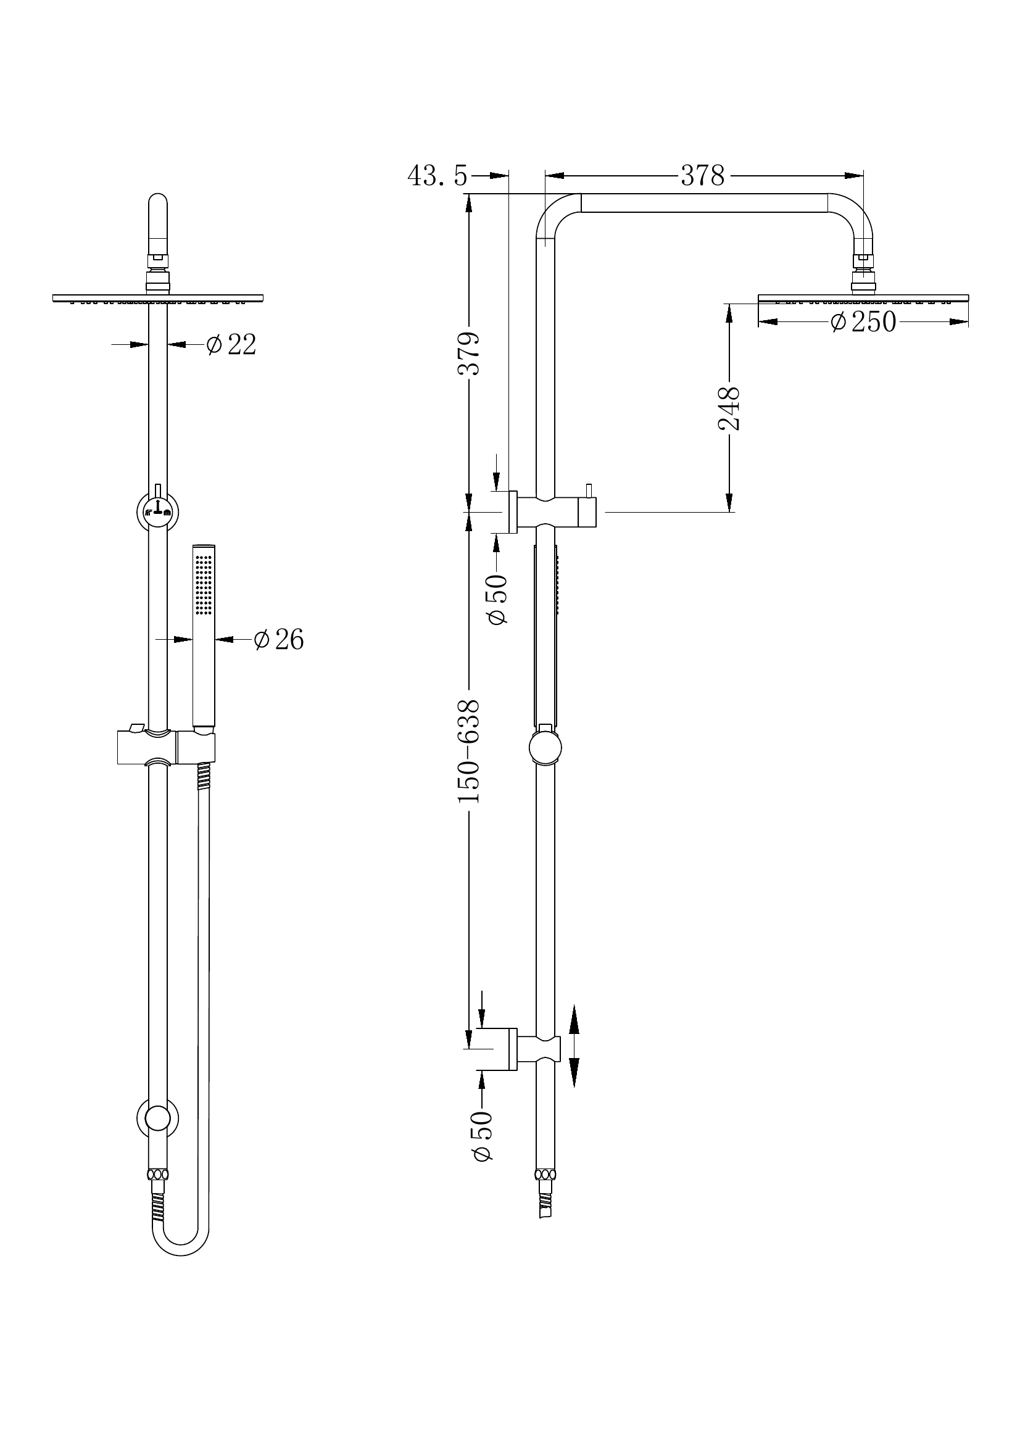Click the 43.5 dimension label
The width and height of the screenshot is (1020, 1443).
tap(437, 176)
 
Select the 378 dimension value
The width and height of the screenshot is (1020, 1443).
tap(702, 176)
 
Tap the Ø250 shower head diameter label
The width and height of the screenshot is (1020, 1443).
tap(862, 322)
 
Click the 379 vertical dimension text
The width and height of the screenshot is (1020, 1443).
tap(469, 354)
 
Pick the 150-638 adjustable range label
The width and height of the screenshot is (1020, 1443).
tap(469, 750)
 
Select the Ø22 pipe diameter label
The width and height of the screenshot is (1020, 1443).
tap(231, 344)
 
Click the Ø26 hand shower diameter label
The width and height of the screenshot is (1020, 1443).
tap(278, 640)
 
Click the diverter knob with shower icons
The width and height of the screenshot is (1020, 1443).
tap(157, 510)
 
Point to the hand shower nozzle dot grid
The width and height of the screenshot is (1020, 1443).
tap(204, 584)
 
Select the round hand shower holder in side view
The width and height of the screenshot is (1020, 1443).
tap(545, 748)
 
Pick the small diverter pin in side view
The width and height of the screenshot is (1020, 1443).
tap(589, 490)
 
